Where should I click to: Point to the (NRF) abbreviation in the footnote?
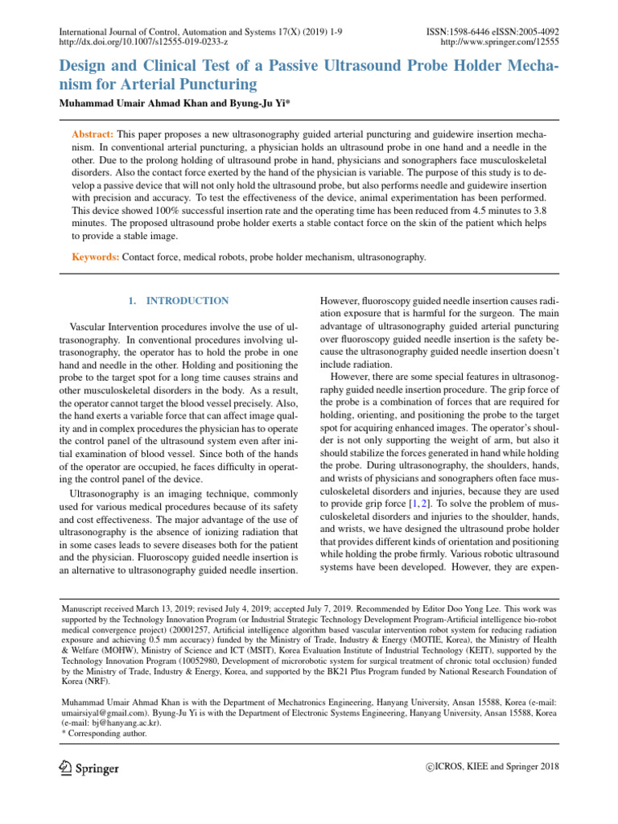[x=77, y=679]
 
